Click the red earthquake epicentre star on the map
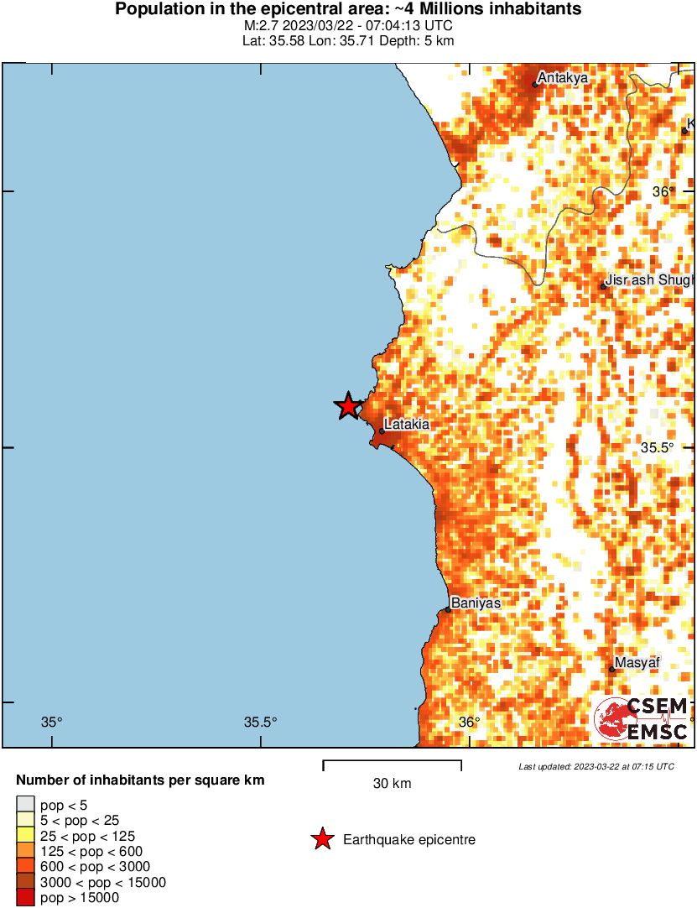[x=348, y=407]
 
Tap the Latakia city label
[x=407, y=425]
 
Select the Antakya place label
[x=562, y=78]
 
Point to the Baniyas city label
[x=476, y=603]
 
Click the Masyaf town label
[x=637, y=663]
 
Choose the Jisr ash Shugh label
[x=650, y=279]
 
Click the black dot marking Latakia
[x=382, y=431]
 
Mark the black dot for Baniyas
[x=449, y=609]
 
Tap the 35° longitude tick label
[x=52, y=722]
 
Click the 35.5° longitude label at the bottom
[x=260, y=722]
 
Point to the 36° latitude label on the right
[x=664, y=191]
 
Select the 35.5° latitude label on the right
[x=658, y=447]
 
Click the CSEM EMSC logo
[x=642, y=719]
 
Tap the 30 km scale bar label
[x=392, y=784]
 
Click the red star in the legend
[x=321, y=839]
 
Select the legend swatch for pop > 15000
[x=25, y=898]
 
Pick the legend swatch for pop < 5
[x=25, y=806]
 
